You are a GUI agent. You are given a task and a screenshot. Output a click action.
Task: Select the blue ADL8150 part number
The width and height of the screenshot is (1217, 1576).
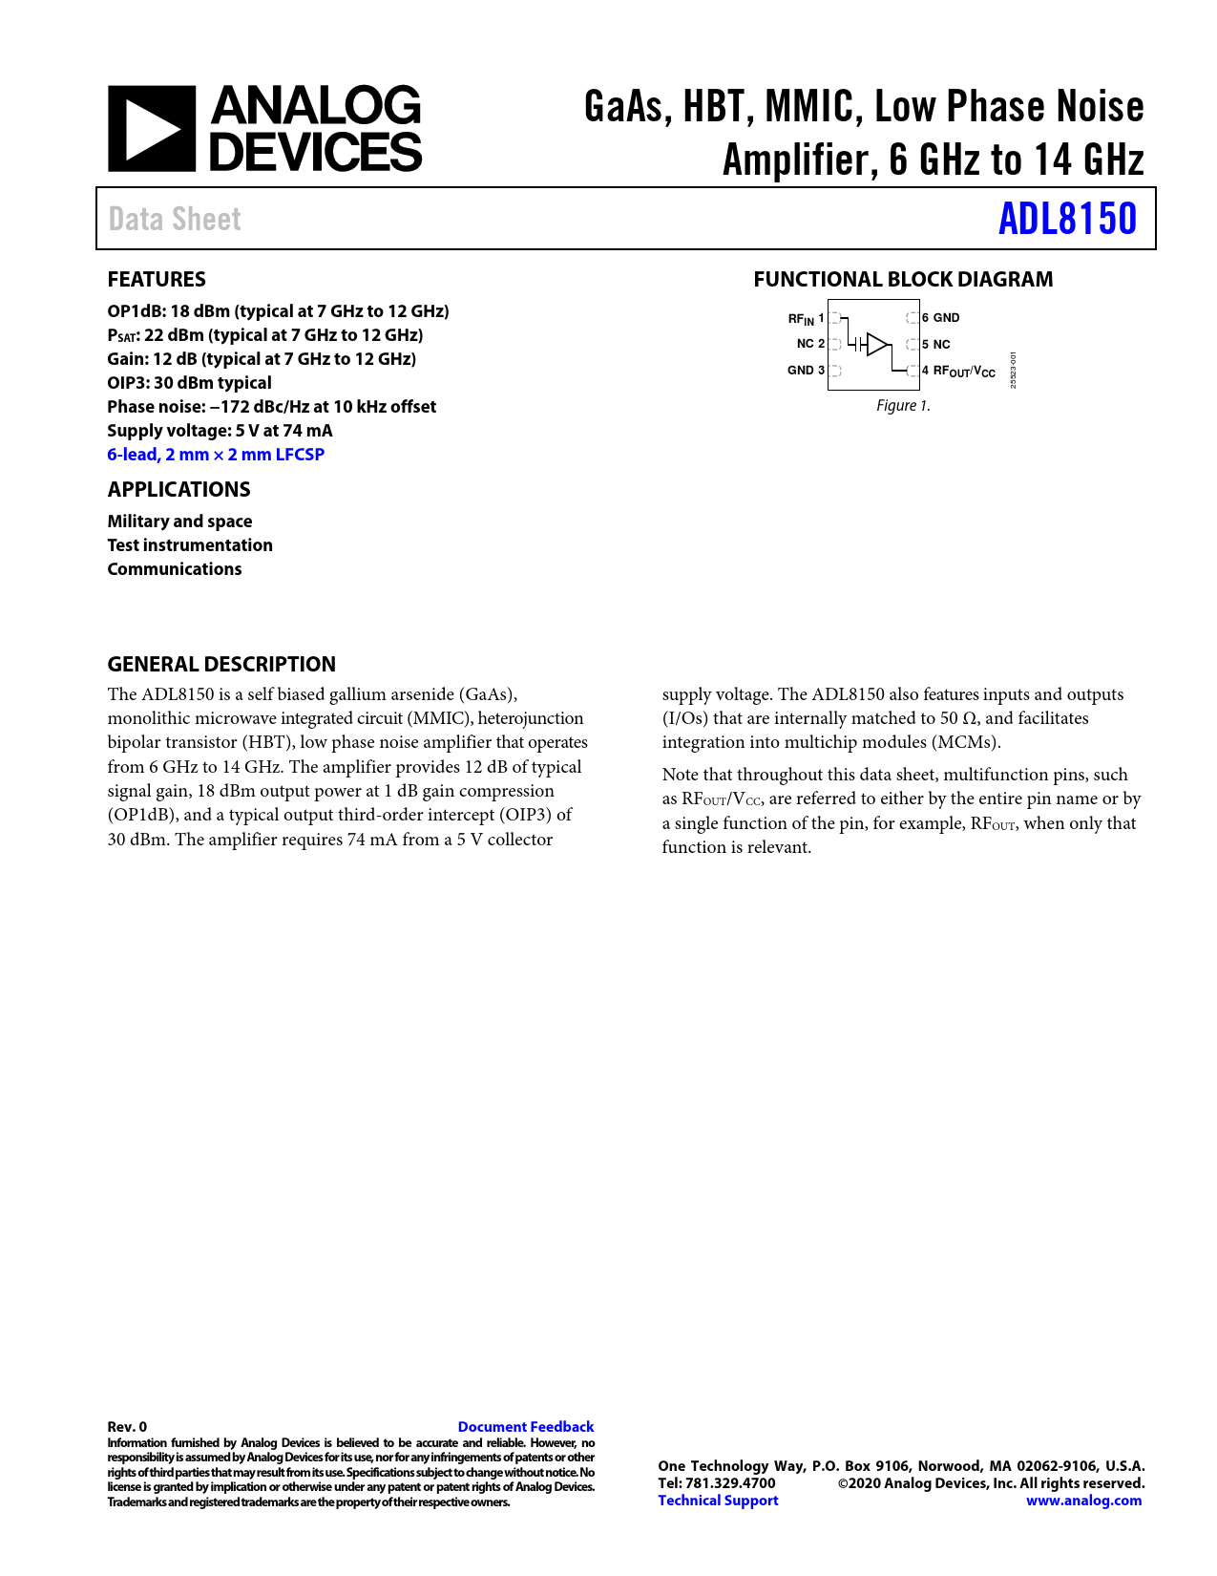point(1067,219)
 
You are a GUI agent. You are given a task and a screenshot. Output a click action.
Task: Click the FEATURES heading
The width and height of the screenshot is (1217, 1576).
point(157,279)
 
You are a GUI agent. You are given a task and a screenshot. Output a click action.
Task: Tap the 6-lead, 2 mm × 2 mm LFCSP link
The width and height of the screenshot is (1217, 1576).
point(216,455)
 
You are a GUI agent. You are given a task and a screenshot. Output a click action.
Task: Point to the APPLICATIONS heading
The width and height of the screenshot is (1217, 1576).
point(178,489)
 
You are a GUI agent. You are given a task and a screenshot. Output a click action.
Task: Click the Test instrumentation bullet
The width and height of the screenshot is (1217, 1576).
point(190,545)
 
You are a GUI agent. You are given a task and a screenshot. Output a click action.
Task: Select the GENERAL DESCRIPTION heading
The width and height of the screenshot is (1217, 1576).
point(221,664)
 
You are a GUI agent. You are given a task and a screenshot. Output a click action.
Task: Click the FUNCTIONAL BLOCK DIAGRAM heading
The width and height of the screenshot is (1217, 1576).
point(903,279)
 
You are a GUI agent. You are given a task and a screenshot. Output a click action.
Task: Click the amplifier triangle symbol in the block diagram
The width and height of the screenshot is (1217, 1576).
point(877,344)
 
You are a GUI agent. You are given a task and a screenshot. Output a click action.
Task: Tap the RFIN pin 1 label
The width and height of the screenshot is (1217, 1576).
point(806,318)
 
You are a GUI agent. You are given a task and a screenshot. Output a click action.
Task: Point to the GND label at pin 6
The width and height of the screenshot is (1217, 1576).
point(945,318)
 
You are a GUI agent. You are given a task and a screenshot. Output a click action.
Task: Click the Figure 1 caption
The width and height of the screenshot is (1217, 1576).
point(903,406)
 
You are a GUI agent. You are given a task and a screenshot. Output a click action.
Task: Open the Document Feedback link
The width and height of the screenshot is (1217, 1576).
point(526,1427)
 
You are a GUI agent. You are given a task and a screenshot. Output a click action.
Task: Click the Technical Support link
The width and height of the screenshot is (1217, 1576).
point(718,1501)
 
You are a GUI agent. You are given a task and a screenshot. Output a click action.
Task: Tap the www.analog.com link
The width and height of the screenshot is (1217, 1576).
point(1083,1501)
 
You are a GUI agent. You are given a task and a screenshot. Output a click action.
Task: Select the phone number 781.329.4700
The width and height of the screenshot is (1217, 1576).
point(730,1483)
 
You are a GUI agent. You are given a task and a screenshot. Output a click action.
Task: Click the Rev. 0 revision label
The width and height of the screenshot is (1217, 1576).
point(127,1427)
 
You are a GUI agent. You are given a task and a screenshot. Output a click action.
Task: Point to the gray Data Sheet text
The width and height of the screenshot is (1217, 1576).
point(175,219)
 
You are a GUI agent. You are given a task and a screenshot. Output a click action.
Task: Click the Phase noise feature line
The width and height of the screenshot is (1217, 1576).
point(271,407)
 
